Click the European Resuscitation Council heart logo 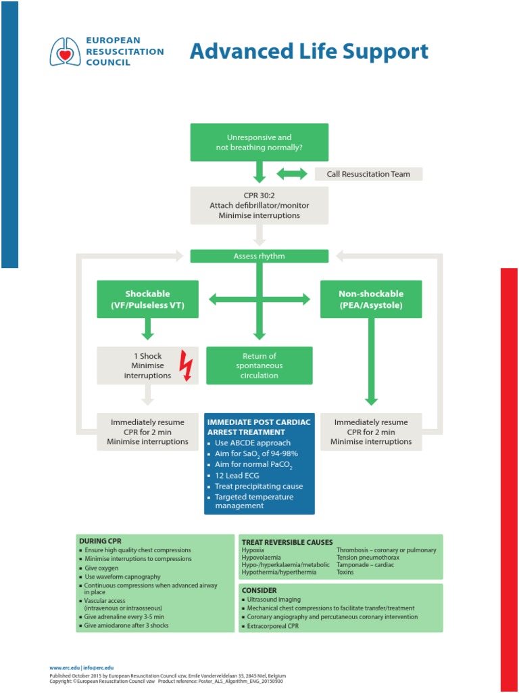click(x=66, y=51)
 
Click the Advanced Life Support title click(x=309, y=51)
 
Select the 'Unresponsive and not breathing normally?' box click(x=259, y=142)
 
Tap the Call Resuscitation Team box click(x=368, y=174)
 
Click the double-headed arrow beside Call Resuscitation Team click(x=292, y=174)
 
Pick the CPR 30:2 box click(x=259, y=205)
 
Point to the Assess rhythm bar click(x=259, y=256)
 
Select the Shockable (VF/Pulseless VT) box click(x=148, y=299)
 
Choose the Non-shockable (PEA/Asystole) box click(x=371, y=299)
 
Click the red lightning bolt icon click(x=185, y=365)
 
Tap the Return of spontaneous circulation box click(x=259, y=365)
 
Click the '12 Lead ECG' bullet click(x=237, y=476)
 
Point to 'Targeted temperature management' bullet click(x=254, y=501)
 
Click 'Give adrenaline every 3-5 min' click(x=124, y=617)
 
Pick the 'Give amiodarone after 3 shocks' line click(x=126, y=625)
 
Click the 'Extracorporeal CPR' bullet click(x=273, y=627)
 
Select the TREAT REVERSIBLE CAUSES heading click(x=287, y=542)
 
